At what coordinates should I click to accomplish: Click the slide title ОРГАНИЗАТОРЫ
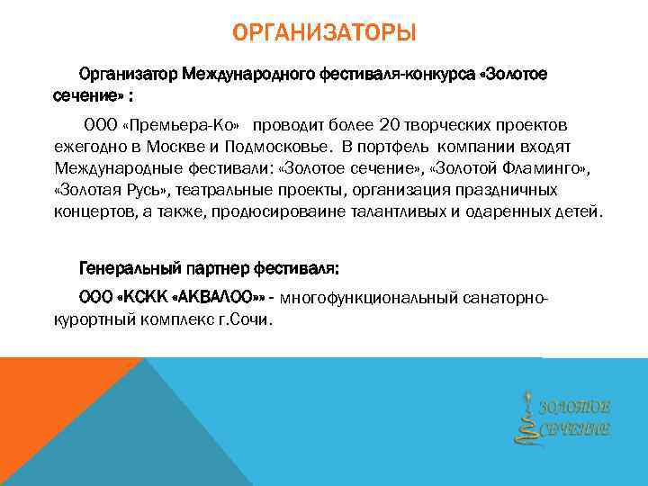click(x=324, y=35)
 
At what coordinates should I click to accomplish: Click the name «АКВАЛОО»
click(x=220, y=297)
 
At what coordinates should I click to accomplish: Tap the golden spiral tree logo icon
click(x=525, y=416)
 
